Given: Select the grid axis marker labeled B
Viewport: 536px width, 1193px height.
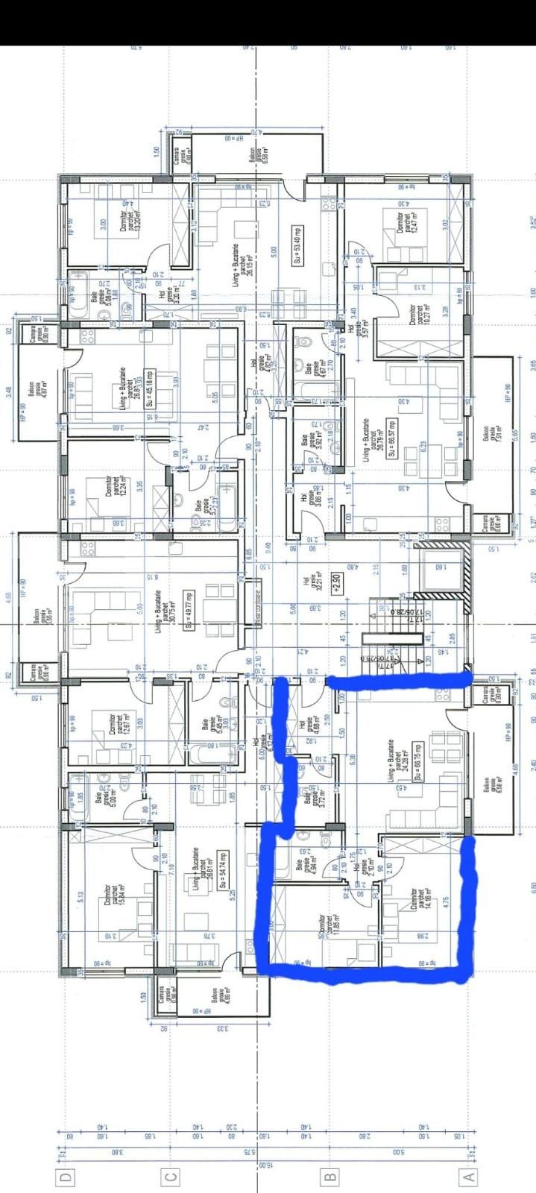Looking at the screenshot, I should (x=329, y=1177).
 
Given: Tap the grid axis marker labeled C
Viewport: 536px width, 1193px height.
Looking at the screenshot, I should (x=171, y=1177).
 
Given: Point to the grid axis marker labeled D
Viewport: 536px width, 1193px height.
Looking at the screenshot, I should (x=68, y=1177).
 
